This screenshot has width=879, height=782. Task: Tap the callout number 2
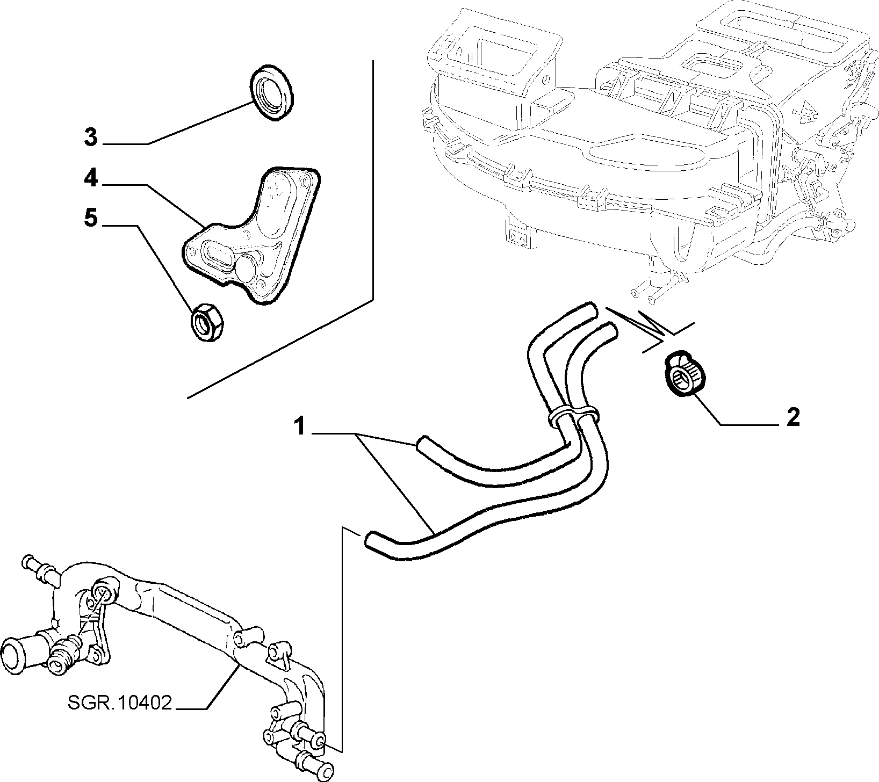point(793,417)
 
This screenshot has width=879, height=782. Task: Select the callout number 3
point(91,137)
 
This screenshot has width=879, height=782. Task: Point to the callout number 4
point(91,178)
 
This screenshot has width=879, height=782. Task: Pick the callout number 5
point(91,219)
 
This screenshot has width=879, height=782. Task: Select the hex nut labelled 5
point(208,321)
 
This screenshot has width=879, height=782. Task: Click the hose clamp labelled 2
point(681,378)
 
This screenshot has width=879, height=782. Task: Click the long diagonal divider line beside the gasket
point(280,349)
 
